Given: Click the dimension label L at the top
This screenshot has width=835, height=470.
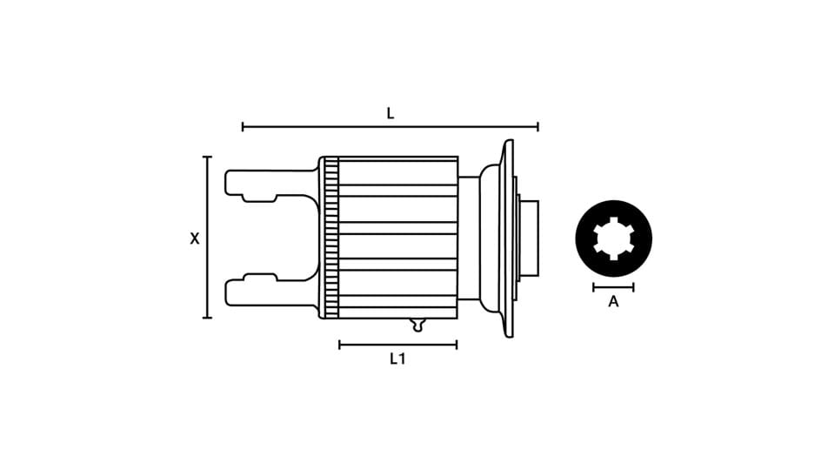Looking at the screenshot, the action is (x=391, y=113).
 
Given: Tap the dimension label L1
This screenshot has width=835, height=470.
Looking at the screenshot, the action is (x=397, y=359).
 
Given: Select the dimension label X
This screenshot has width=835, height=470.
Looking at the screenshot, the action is (x=195, y=238).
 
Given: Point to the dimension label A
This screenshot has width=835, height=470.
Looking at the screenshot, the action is (x=613, y=302).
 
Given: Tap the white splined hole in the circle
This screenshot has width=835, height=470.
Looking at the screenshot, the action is (x=613, y=238).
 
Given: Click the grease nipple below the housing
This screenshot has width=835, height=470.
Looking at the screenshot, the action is (x=418, y=325).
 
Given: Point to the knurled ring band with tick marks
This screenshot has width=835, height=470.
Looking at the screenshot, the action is (x=331, y=238).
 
